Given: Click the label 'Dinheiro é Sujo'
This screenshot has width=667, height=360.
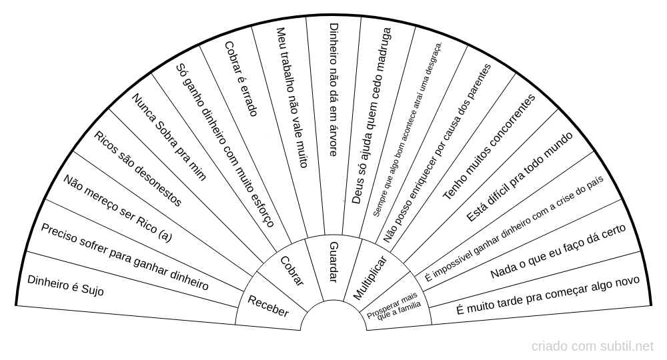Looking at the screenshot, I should pyautogui.click(x=65, y=285).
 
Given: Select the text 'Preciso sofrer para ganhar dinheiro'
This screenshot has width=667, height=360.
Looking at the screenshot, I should pyautogui.click(x=125, y=257).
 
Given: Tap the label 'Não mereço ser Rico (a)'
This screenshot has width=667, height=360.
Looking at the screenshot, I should pyautogui.click(x=117, y=208).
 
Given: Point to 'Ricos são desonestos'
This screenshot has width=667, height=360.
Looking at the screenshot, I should pyautogui.click(x=138, y=169).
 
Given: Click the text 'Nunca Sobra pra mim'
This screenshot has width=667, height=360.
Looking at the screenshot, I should pyautogui.click(x=169, y=137).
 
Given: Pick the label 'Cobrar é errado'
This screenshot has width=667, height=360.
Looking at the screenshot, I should pyautogui.click(x=241, y=79).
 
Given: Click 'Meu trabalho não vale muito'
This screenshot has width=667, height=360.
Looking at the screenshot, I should pyautogui.click(x=291, y=97).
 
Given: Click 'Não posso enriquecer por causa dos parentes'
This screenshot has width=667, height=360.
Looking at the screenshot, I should pyautogui.click(x=438, y=153).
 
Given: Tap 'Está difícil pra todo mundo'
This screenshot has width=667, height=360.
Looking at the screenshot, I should pyautogui.click(x=520, y=177).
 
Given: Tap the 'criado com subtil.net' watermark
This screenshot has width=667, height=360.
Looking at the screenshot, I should pyautogui.click(x=592, y=347).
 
